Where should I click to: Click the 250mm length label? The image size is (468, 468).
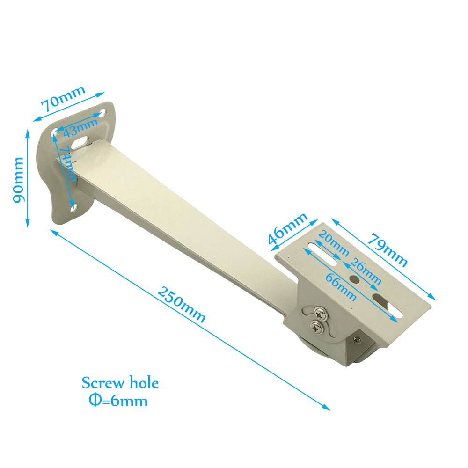(181, 304)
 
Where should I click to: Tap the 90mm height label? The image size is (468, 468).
(19, 180)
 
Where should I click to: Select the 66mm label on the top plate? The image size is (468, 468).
(341, 288)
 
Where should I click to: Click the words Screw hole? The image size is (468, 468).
(120, 383)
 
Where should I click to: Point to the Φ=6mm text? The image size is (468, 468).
(117, 401)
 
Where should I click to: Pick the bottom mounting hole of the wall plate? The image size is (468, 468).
(74, 205)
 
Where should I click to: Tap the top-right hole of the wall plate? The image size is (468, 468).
(102, 113)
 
